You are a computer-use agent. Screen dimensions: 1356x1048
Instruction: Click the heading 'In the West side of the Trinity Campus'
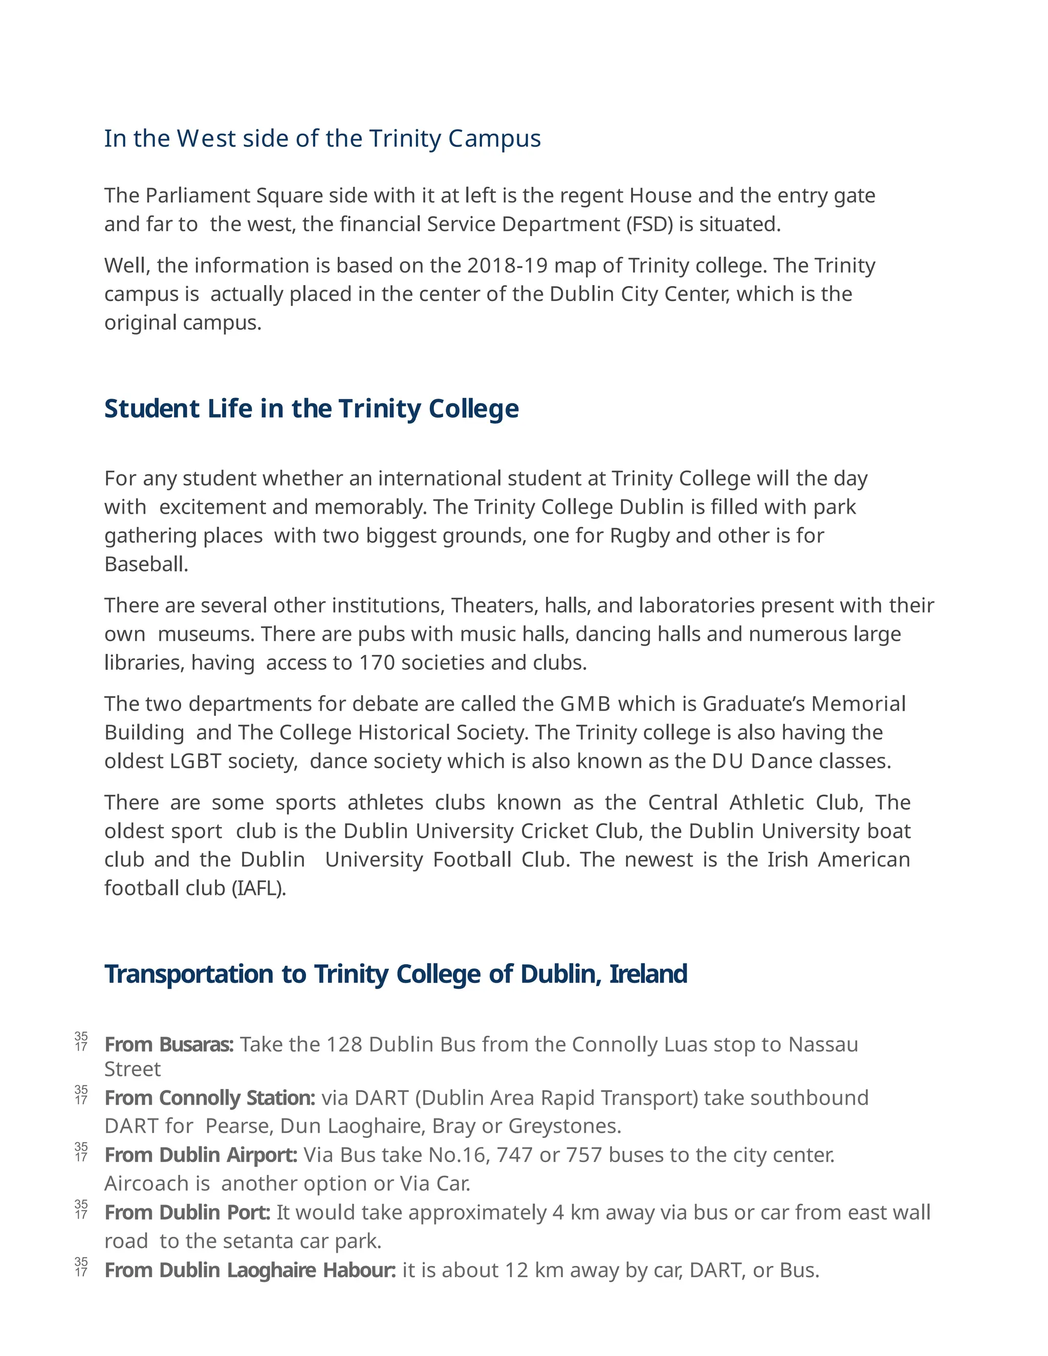(322, 139)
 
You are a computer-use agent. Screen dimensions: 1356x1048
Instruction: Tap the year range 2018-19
(507, 266)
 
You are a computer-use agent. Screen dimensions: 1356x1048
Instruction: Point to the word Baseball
(146, 564)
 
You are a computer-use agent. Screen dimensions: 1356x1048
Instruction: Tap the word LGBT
(195, 761)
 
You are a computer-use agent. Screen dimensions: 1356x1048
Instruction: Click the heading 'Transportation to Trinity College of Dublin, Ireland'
(396, 974)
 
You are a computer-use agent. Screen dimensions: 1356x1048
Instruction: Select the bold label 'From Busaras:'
(169, 1045)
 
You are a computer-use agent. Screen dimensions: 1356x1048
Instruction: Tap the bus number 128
(344, 1045)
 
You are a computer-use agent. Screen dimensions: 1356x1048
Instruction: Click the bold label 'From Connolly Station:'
(210, 1098)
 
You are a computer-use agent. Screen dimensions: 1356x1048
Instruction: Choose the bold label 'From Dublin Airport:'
(201, 1155)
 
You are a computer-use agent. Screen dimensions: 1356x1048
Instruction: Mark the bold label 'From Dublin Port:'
(187, 1212)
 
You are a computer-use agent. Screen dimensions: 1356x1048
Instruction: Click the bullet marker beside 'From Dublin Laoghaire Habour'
(81, 1267)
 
